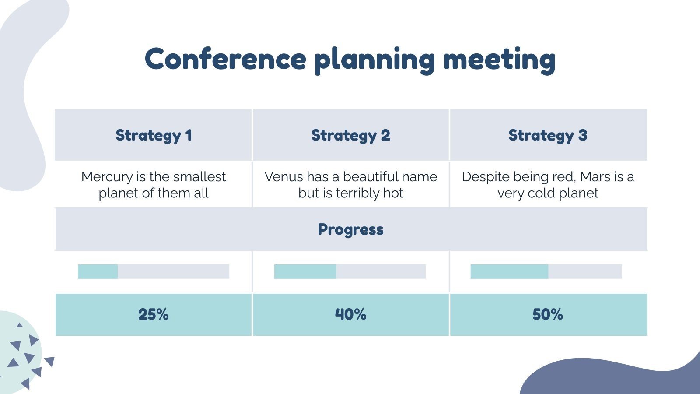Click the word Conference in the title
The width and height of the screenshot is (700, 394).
(225, 59)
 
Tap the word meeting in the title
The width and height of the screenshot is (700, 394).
(499, 60)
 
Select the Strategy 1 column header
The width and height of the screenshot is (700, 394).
(154, 135)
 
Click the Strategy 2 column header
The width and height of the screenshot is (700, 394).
(350, 135)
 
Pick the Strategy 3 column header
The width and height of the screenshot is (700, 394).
(548, 135)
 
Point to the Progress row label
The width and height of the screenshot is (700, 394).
(350, 229)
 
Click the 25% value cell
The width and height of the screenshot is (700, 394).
(154, 314)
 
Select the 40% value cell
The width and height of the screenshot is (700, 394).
(350, 314)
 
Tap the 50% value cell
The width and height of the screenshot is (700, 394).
(548, 314)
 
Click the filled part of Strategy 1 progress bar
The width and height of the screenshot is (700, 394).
(98, 271)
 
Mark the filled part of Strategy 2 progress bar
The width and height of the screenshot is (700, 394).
(305, 271)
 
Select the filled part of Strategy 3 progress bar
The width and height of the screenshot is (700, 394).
(509, 271)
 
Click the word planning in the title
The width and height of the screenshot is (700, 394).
(374, 60)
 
